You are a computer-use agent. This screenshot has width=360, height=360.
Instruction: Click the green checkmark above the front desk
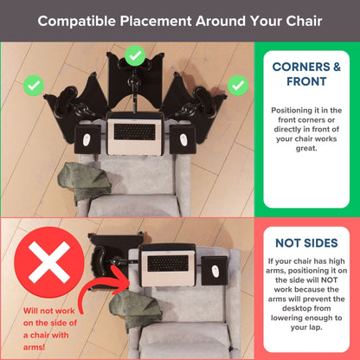tap(135, 55)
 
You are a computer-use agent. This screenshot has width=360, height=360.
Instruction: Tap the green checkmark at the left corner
tap(34, 86)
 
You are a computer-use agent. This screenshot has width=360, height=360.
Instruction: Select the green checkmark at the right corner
tap(238, 86)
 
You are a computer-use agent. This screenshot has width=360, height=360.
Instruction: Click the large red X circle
tap(49, 262)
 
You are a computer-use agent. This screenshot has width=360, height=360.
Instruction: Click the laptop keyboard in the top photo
tap(135, 132)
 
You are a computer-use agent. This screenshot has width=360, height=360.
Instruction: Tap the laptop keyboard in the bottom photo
tap(168, 263)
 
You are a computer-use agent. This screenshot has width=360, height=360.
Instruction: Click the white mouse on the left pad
tap(87, 140)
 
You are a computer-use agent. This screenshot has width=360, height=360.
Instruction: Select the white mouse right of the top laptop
tap(183, 140)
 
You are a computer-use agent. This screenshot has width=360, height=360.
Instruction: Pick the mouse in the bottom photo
tap(215, 272)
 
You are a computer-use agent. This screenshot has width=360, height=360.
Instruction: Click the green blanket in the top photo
tap(84, 181)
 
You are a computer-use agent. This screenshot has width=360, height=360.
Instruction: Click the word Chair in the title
tap(304, 21)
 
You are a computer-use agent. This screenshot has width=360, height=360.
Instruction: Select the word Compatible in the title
tap(76, 22)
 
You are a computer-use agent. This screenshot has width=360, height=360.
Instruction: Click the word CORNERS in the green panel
tap(301, 67)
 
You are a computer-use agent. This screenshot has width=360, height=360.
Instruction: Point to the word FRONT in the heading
tap(306, 81)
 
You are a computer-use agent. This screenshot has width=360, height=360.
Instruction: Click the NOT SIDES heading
tap(306, 243)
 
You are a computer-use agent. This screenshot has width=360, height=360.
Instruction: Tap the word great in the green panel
tap(306, 149)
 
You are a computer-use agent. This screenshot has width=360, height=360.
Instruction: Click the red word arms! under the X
tap(34, 347)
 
